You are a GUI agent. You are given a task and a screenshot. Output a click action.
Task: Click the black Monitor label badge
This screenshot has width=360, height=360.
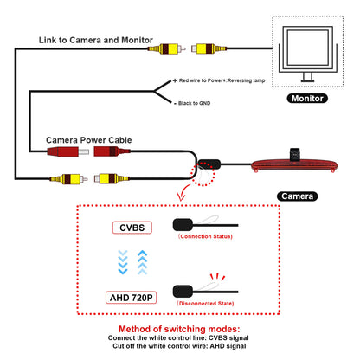[307, 99]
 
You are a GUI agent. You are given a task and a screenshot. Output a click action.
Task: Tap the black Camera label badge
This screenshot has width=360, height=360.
[297, 196]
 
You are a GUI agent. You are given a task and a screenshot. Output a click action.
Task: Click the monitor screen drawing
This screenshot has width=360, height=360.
[307, 48]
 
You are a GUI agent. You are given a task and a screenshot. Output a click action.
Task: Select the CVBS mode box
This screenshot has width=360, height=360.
[132, 228]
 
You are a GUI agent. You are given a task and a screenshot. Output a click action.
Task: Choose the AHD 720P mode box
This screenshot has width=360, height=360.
[132, 298]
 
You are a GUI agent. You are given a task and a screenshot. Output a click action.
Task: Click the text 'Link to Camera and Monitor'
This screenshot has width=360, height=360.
[96, 40]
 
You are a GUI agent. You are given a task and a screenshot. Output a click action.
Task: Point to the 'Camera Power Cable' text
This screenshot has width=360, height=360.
[89, 140]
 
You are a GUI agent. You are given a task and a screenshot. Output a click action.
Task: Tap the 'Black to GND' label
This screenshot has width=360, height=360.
[194, 103]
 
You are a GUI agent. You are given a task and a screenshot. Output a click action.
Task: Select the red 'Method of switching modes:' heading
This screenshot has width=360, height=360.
[179, 329]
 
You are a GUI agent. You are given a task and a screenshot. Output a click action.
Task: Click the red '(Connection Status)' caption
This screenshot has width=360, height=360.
[205, 236]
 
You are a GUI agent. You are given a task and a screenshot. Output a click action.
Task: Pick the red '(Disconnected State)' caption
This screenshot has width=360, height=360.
[205, 304]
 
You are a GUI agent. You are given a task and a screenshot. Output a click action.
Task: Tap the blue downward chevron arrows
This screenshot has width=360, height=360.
[123, 262]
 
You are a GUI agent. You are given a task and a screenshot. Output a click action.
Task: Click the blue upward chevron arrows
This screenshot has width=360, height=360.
[142, 262]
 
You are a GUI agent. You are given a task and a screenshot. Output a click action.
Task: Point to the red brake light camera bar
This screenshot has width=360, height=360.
[294, 166]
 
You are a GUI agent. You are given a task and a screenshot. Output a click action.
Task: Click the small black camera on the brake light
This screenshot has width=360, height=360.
[294, 154]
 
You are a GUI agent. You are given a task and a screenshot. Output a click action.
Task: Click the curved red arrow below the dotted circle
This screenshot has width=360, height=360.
[183, 193]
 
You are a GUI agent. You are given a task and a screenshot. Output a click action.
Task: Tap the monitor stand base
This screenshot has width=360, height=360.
[307, 80]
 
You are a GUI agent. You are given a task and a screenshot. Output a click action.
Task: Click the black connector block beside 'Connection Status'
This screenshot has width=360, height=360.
[183, 225]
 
